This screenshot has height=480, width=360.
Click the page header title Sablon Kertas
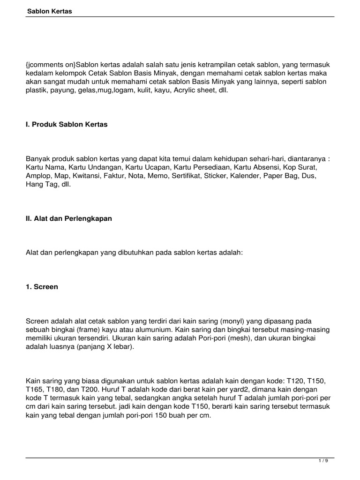49,11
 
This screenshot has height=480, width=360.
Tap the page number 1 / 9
323,461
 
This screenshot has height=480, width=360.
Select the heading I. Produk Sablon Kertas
67,125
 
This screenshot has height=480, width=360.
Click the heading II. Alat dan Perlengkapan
69,218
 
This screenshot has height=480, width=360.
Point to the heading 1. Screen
42,287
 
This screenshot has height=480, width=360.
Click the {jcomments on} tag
51,64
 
